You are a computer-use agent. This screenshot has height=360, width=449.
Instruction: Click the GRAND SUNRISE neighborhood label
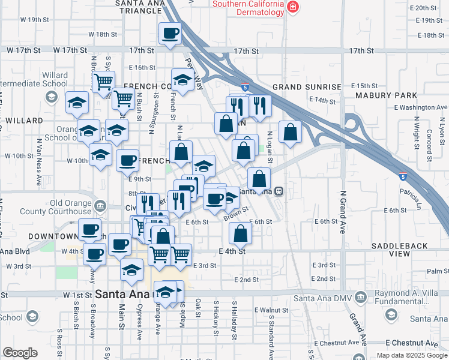[307, 87]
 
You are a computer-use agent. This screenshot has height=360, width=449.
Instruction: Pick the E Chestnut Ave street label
[411, 343]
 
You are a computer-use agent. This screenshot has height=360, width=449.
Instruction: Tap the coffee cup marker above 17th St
[170, 34]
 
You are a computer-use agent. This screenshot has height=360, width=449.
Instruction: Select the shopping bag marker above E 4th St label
[240, 235]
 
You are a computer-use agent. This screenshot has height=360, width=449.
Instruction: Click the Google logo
[20, 353]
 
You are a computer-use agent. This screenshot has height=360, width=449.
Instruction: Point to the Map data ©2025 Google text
[412, 355]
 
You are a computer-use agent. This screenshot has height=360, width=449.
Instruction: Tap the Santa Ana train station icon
[279, 191]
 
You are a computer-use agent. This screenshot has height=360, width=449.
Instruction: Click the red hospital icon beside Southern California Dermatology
[292, 8]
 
